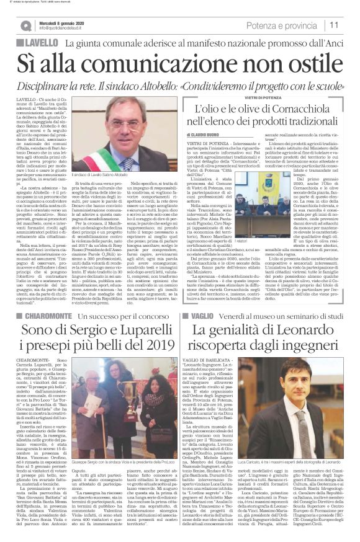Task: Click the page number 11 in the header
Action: pyautogui.click(x=334, y=25)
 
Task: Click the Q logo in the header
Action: pyautogui.click(x=25, y=25)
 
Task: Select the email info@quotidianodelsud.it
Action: pyautogui.click(x=65, y=29)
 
